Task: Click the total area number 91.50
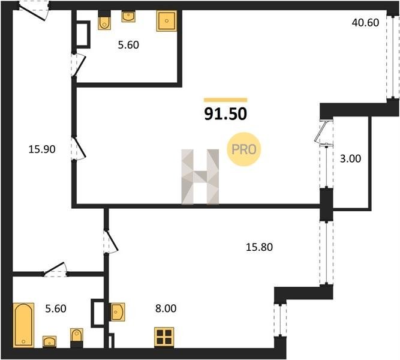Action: click(x=225, y=114)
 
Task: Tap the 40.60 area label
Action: click(x=365, y=23)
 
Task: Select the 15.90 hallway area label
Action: click(x=42, y=149)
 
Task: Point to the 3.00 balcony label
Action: click(x=350, y=159)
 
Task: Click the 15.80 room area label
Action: click(x=259, y=247)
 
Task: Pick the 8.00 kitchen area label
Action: click(x=166, y=308)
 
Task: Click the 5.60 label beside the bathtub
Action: click(x=56, y=308)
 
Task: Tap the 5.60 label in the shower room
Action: click(x=128, y=45)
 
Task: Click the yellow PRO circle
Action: click(x=244, y=149)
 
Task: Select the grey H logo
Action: click(x=200, y=177)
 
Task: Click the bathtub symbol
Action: click(x=23, y=325)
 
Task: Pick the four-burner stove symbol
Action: click(x=164, y=337)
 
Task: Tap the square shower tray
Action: click(x=167, y=21)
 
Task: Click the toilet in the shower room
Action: click(x=104, y=21)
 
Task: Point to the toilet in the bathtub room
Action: click(x=77, y=338)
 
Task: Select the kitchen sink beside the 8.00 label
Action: click(x=118, y=312)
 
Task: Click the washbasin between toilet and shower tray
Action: click(x=128, y=17)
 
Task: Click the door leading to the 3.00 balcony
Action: click(x=323, y=131)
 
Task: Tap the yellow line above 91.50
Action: click(x=225, y=100)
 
